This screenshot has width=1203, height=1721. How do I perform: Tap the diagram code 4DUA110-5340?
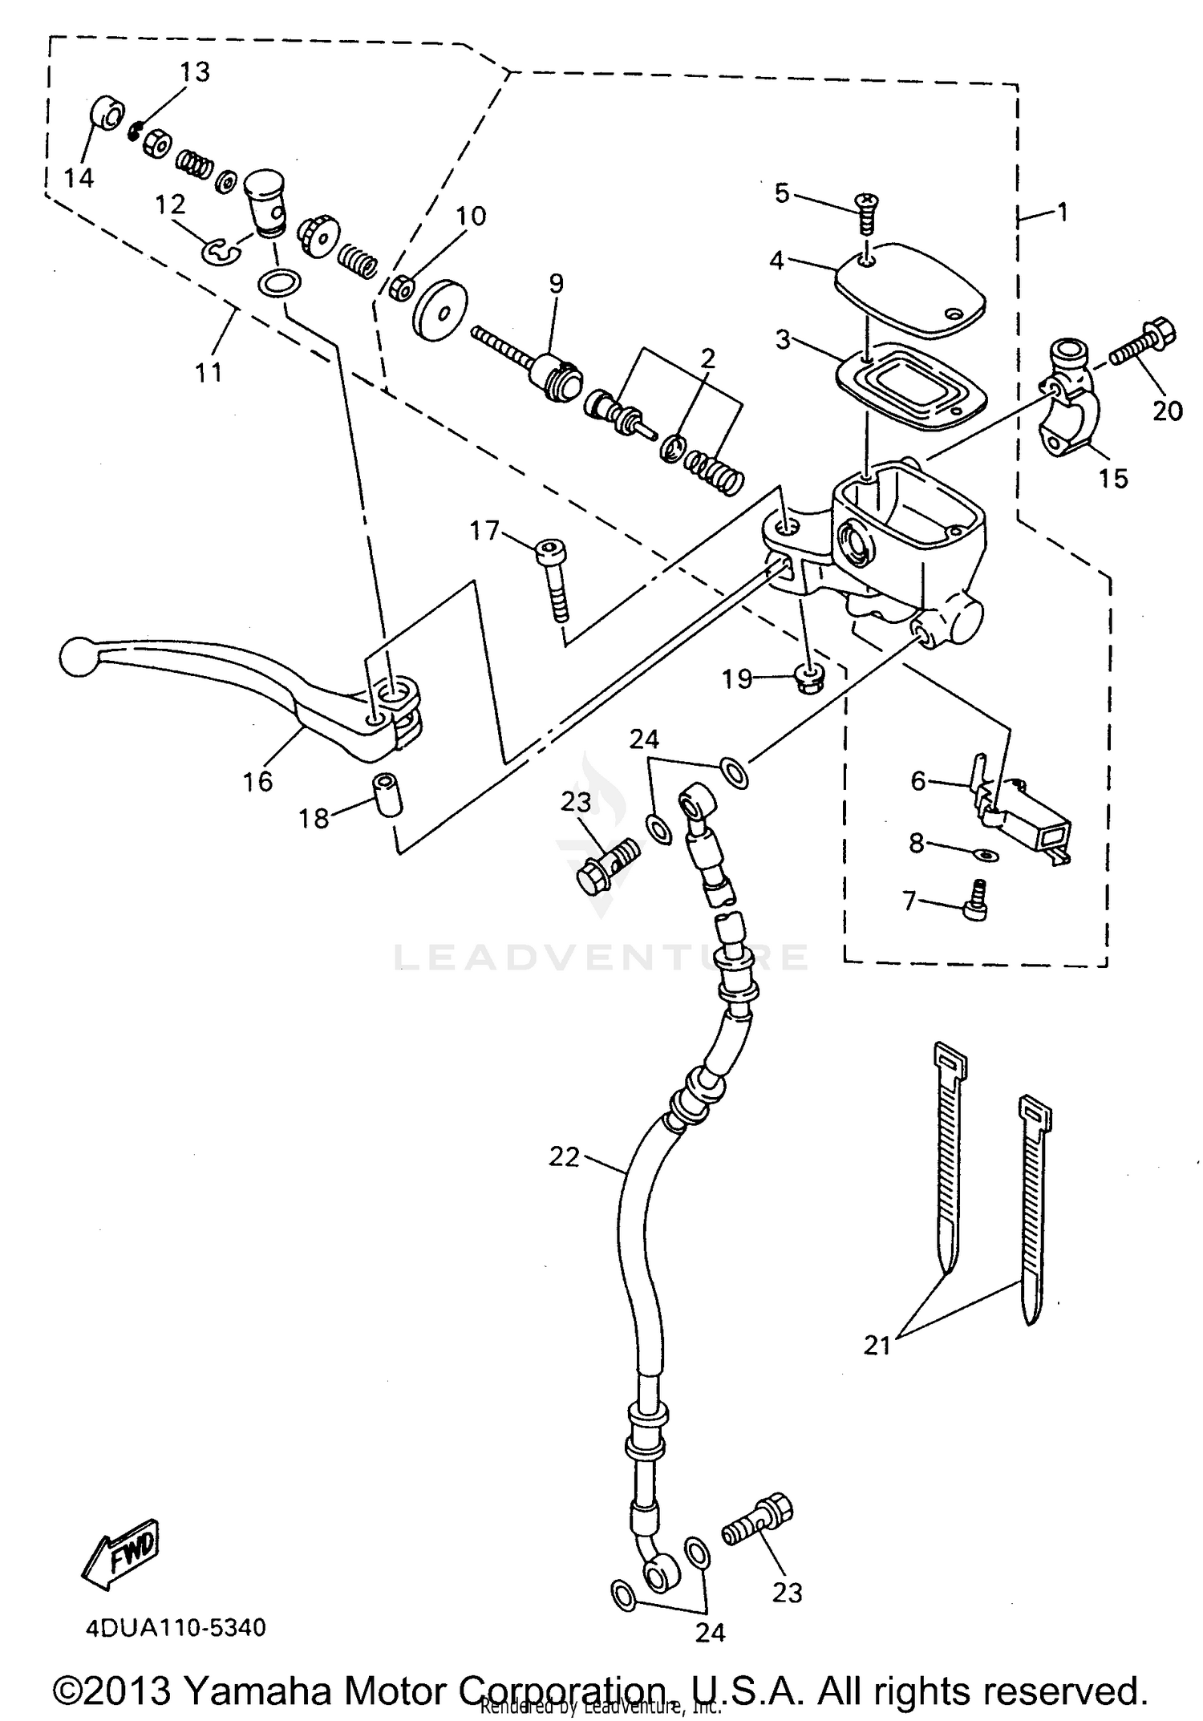175,1628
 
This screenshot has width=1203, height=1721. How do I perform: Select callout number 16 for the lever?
257,780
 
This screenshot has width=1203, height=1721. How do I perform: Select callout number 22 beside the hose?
564,1156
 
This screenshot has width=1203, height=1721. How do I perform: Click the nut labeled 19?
807,678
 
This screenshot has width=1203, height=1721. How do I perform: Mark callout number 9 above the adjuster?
556,283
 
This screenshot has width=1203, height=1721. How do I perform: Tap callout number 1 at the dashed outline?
1062,213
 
